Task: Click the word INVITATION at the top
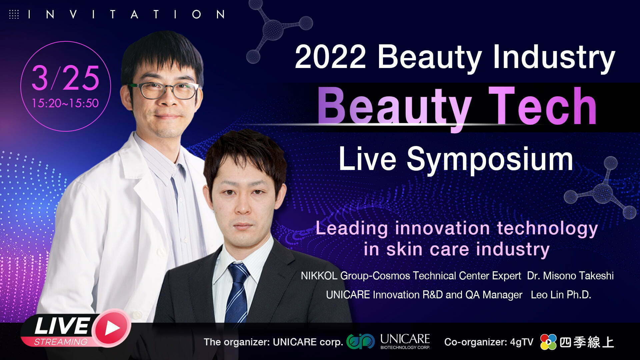coord(126,14)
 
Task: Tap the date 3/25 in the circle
coord(66,78)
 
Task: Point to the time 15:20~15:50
coord(65,103)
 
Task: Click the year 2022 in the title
coord(330,57)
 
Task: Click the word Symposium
coord(490,160)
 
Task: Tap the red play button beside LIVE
coord(112,328)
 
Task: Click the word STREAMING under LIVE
coord(61,342)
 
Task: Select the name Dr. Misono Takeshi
coord(570,276)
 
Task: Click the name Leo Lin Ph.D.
coord(561,295)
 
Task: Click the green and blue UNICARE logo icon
coord(361,341)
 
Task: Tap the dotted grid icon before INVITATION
coord(14,14)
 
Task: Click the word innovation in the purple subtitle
coord(442,229)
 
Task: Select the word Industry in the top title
coord(554,57)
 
